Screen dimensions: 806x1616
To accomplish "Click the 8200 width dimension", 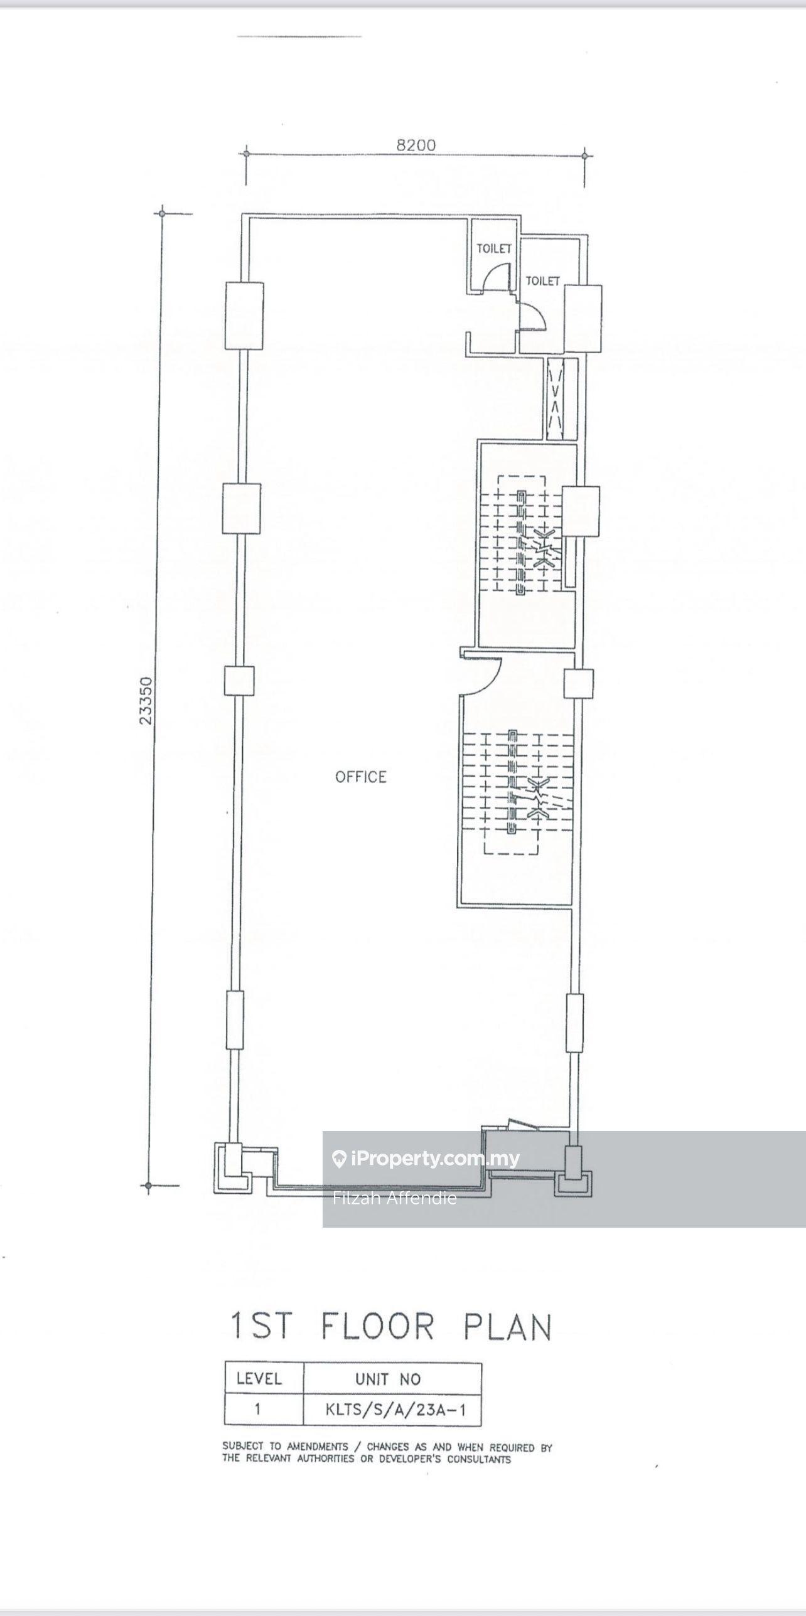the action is pos(416,145).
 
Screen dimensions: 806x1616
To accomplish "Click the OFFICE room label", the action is pos(361,777).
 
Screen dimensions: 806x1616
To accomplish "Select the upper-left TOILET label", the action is pos(494,248).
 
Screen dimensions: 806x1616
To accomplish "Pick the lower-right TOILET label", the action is pos(542,281).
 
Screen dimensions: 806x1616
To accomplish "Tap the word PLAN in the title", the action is pos(508,1327).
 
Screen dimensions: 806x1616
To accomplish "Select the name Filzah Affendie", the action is pos(395,1198).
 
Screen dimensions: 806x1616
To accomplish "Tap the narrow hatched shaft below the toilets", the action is pos(554,398).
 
